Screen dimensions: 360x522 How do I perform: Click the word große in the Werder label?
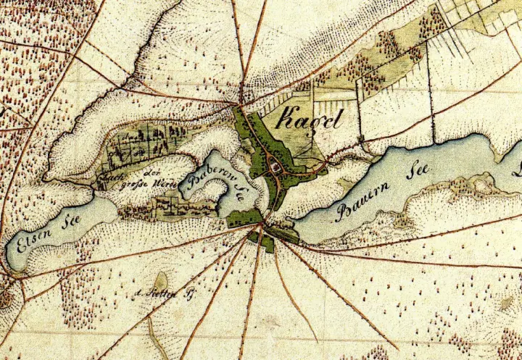[137, 185]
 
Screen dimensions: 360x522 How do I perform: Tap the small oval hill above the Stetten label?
[160, 280]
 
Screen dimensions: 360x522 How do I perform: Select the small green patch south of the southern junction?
[267, 243]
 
